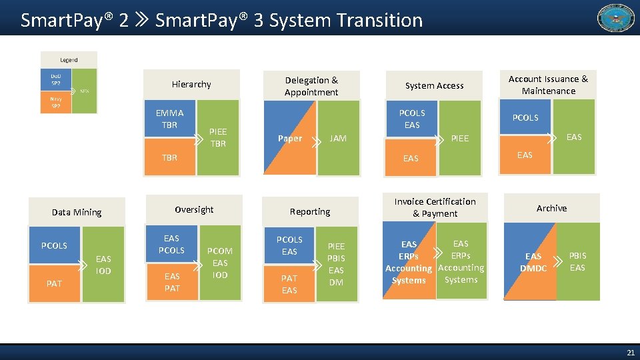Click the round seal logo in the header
pyautogui.click(x=616, y=18)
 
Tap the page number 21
pyautogui.click(x=630, y=352)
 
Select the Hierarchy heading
pyautogui.click(x=191, y=85)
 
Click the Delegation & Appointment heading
pyautogui.click(x=311, y=86)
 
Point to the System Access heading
pyautogui.click(x=434, y=85)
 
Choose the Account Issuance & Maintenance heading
pyautogui.click(x=548, y=85)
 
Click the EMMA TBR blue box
pyautogui.click(x=170, y=119)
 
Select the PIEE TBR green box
pyautogui.click(x=218, y=138)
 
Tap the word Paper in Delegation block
pyautogui.click(x=289, y=139)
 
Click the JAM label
pyautogui.click(x=338, y=139)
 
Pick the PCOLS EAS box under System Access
pyautogui.click(x=412, y=119)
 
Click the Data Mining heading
pyautogui.click(x=77, y=213)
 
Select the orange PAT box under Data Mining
pyautogui.click(x=55, y=283)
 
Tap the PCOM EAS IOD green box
pyautogui.click(x=220, y=263)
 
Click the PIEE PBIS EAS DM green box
pyautogui.click(x=337, y=264)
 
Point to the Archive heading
pyautogui.click(x=551, y=209)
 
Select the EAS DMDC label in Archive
pyautogui.click(x=533, y=263)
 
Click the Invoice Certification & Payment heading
pyautogui.click(x=435, y=207)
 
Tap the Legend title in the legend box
pyautogui.click(x=69, y=60)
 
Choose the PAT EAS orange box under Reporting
pyautogui.click(x=289, y=284)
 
